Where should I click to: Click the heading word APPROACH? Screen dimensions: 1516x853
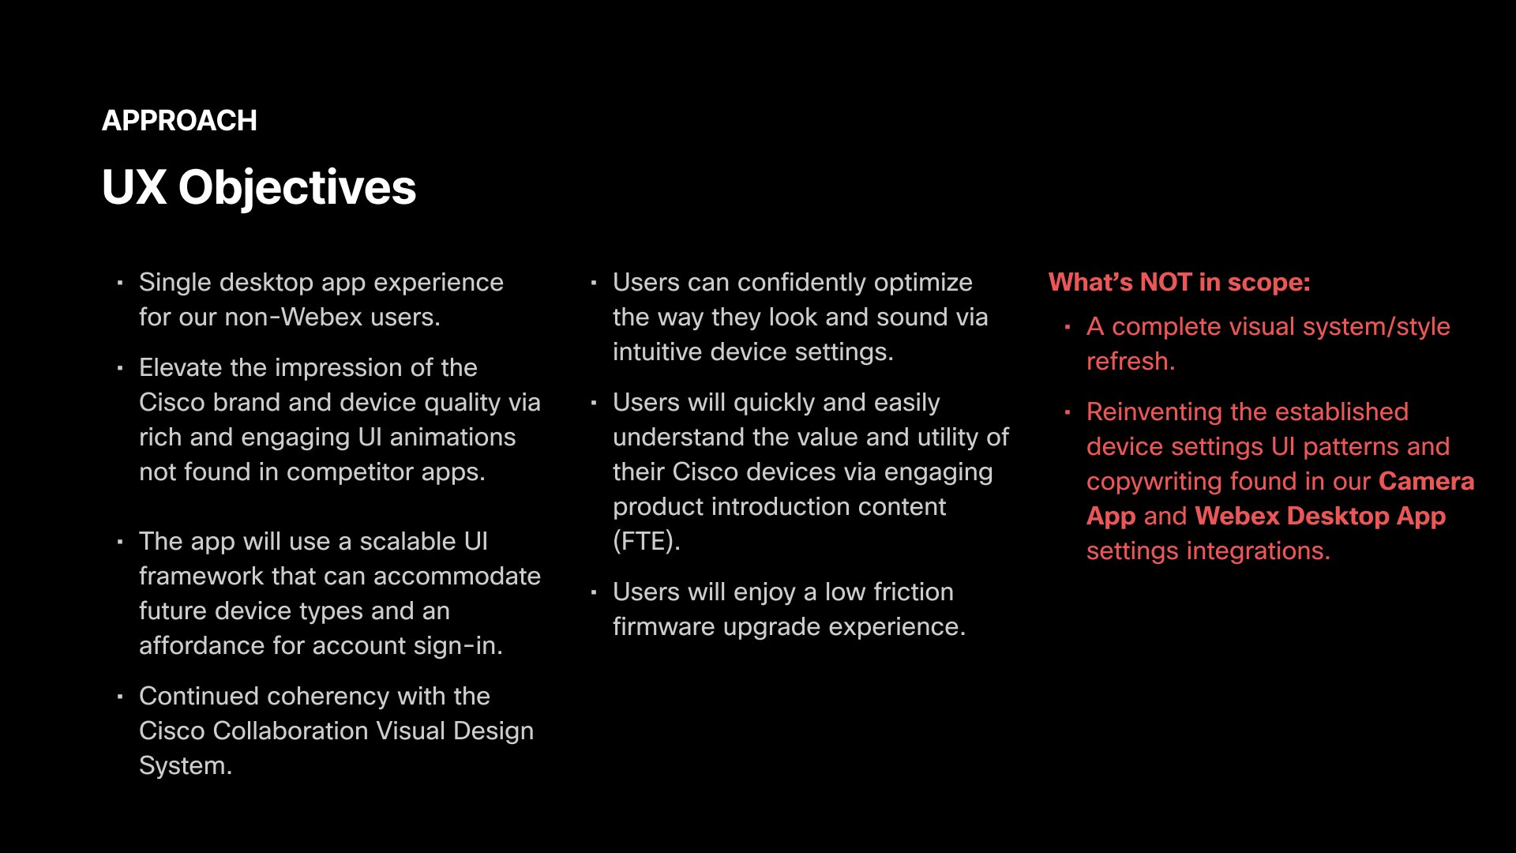tap(179, 121)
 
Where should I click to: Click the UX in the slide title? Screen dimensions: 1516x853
tap(134, 188)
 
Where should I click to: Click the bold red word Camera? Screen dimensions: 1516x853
tap(1426, 481)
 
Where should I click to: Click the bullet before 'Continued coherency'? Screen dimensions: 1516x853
tap(120, 697)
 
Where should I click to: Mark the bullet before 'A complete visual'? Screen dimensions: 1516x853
tap(1068, 327)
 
